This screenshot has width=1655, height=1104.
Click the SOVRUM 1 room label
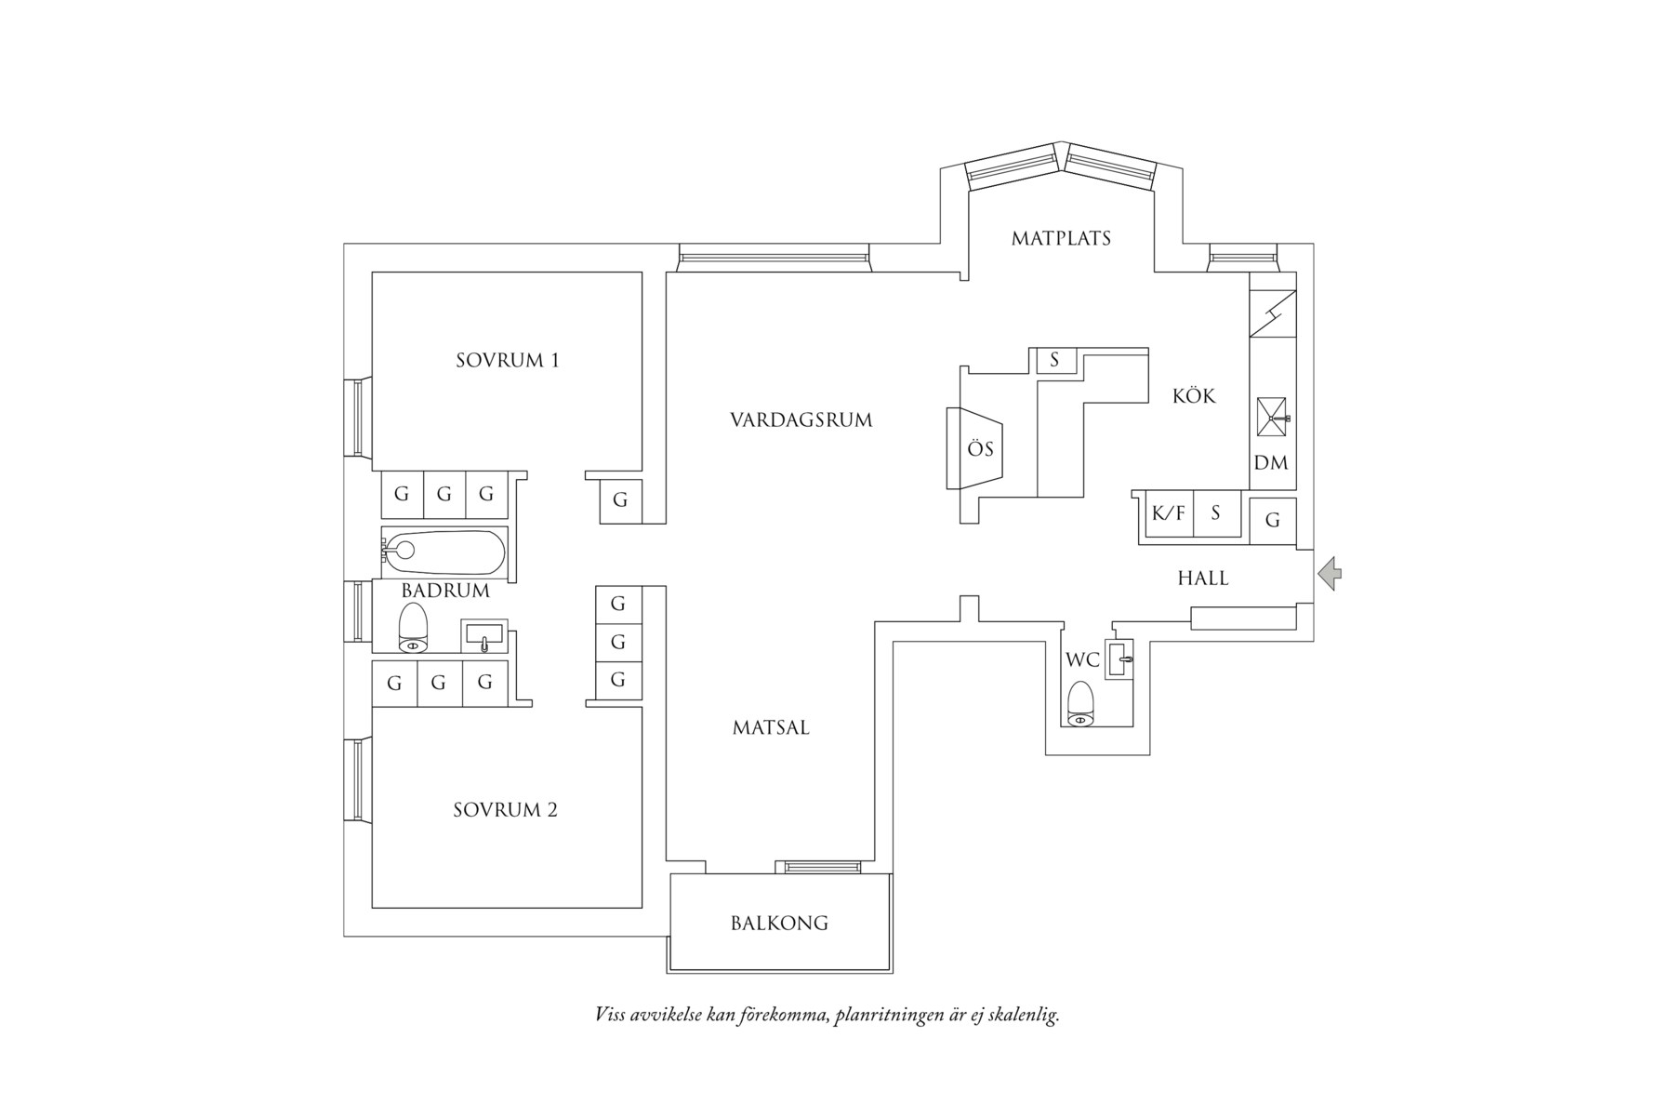click(508, 360)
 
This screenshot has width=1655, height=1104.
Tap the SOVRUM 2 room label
click(505, 810)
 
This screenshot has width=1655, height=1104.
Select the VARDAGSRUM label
click(801, 419)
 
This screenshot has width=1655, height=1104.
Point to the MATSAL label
click(771, 727)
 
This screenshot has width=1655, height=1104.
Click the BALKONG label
click(779, 924)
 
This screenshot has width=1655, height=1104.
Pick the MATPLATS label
click(1061, 238)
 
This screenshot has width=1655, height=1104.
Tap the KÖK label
click(1194, 395)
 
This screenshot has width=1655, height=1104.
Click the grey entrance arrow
click(1330, 573)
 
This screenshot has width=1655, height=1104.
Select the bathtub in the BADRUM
click(444, 553)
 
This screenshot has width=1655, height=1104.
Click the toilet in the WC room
click(1080, 703)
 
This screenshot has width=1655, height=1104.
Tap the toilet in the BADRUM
click(413, 628)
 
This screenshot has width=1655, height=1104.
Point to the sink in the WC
click(1119, 658)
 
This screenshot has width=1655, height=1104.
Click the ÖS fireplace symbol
click(975, 448)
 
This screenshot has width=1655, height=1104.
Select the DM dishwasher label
click(1271, 462)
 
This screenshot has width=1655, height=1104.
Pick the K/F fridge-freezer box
click(1169, 512)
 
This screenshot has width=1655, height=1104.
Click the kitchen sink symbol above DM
click(1273, 417)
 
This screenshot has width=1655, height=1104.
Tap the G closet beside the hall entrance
click(1273, 520)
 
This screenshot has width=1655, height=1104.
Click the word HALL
click(1203, 579)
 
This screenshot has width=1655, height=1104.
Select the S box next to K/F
click(1216, 512)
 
